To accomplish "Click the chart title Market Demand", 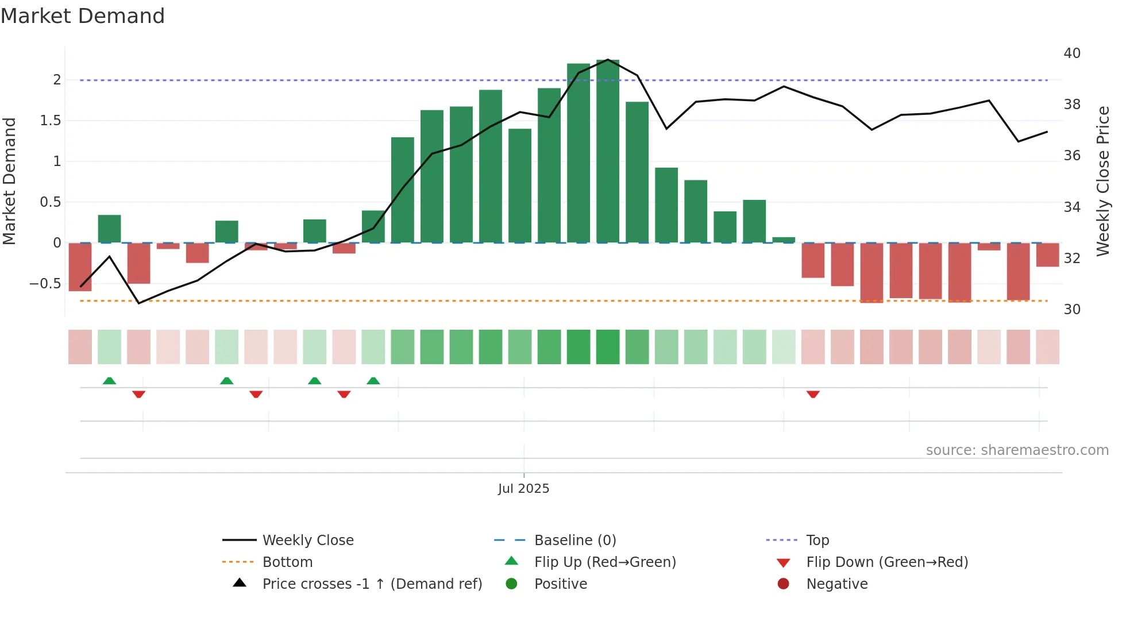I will pyautogui.click(x=83, y=16).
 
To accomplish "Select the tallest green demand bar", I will pyautogui.click(x=608, y=150).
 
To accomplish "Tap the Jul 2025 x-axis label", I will pyautogui.click(x=523, y=488).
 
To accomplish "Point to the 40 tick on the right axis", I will pyautogui.click(x=1072, y=53).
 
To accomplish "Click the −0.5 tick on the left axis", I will pyautogui.click(x=45, y=284).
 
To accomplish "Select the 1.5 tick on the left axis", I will pyautogui.click(x=50, y=121).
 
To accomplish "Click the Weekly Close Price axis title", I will pyautogui.click(x=1102, y=181).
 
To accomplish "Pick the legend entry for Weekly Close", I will pyautogui.click(x=308, y=540).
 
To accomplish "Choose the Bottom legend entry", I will pyautogui.click(x=287, y=562).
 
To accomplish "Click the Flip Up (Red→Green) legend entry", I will pyautogui.click(x=604, y=562).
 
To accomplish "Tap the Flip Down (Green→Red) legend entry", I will pyautogui.click(x=886, y=562).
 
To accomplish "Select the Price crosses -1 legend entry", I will pyautogui.click(x=372, y=584).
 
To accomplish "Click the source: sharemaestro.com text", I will pyautogui.click(x=1017, y=450).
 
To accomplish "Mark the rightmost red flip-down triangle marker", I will pyautogui.click(x=813, y=394).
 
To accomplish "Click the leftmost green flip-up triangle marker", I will pyautogui.click(x=109, y=381).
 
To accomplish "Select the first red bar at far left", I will pyautogui.click(x=80, y=267).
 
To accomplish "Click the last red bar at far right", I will pyautogui.click(x=1047, y=254).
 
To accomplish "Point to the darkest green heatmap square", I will pyautogui.click(x=608, y=347).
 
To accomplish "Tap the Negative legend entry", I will pyautogui.click(x=836, y=584).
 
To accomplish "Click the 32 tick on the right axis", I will pyautogui.click(x=1072, y=258).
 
